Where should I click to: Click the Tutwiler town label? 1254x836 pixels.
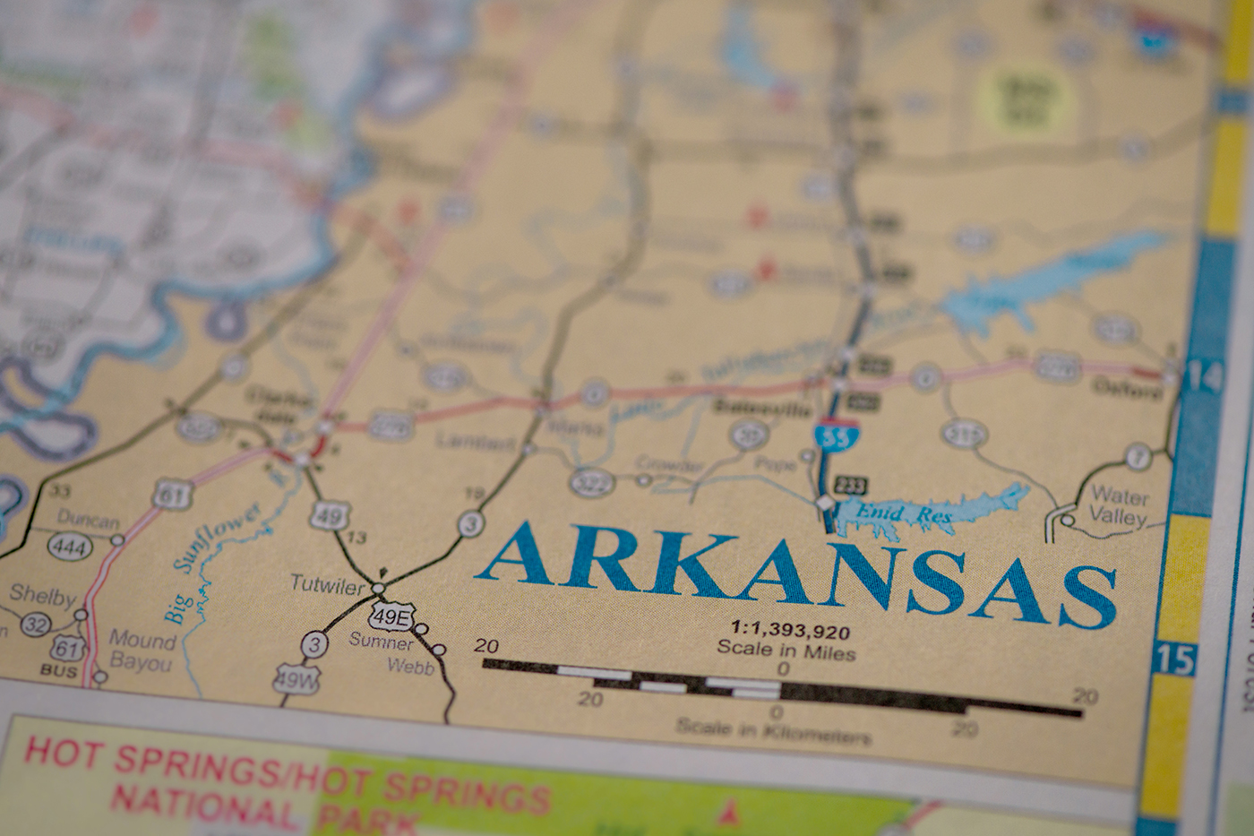click(x=327, y=584)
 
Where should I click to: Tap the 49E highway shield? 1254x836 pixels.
click(x=392, y=616)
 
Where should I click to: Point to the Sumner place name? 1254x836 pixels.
click(x=382, y=642)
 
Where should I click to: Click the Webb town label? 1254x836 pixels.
click(x=410, y=667)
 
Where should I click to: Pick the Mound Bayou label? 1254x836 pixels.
click(x=141, y=651)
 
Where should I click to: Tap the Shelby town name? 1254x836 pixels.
click(x=42, y=594)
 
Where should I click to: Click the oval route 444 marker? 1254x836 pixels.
click(x=69, y=547)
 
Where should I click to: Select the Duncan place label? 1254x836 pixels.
click(x=88, y=520)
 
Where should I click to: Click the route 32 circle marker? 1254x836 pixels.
click(x=35, y=624)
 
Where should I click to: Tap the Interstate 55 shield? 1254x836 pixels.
click(x=836, y=435)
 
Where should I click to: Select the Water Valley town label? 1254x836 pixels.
click(x=1119, y=506)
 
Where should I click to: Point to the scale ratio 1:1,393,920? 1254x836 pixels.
click(x=789, y=631)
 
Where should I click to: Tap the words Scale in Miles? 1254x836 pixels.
click(x=786, y=651)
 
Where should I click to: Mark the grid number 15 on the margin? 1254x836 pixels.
click(x=1174, y=659)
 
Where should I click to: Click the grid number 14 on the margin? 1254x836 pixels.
click(x=1203, y=378)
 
